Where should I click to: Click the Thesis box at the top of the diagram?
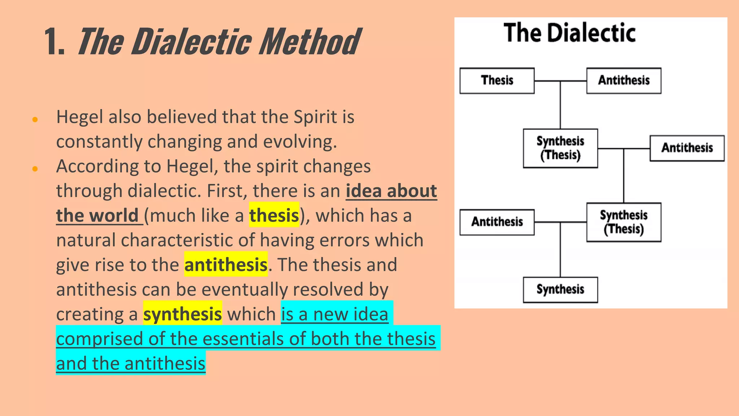point(497,81)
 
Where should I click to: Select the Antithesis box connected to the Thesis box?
point(624,81)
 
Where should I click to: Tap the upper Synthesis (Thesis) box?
point(560,148)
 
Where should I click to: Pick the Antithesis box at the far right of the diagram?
point(687,148)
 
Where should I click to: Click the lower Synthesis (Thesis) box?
point(624,222)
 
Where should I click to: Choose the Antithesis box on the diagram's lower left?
point(497,222)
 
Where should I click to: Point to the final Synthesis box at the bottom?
point(560,290)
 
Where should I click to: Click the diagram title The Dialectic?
point(569,33)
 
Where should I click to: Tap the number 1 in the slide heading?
point(53,42)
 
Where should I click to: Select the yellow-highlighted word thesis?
point(274,216)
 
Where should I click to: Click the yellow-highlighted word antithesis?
point(226,265)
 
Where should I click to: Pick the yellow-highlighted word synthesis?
point(182,314)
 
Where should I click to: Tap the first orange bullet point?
point(35,120)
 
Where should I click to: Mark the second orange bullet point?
point(35,169)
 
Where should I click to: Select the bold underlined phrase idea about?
point(391,191)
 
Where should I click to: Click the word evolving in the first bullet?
point(299,142)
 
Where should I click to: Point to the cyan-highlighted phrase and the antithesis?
point(131,363)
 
